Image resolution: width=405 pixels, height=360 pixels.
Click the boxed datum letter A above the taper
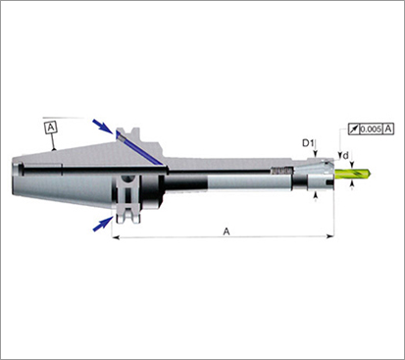51,128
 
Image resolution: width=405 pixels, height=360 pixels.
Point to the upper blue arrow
103,128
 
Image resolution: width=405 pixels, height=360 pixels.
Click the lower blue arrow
103,224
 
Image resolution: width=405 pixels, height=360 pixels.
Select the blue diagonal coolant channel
141,150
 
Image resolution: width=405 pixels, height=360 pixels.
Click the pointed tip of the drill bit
371,174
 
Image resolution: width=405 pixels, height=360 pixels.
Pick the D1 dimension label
308,143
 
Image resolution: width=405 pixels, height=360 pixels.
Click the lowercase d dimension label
345,156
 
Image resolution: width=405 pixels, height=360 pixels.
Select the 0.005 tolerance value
371,129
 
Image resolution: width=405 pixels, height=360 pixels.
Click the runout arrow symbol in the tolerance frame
353,129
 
